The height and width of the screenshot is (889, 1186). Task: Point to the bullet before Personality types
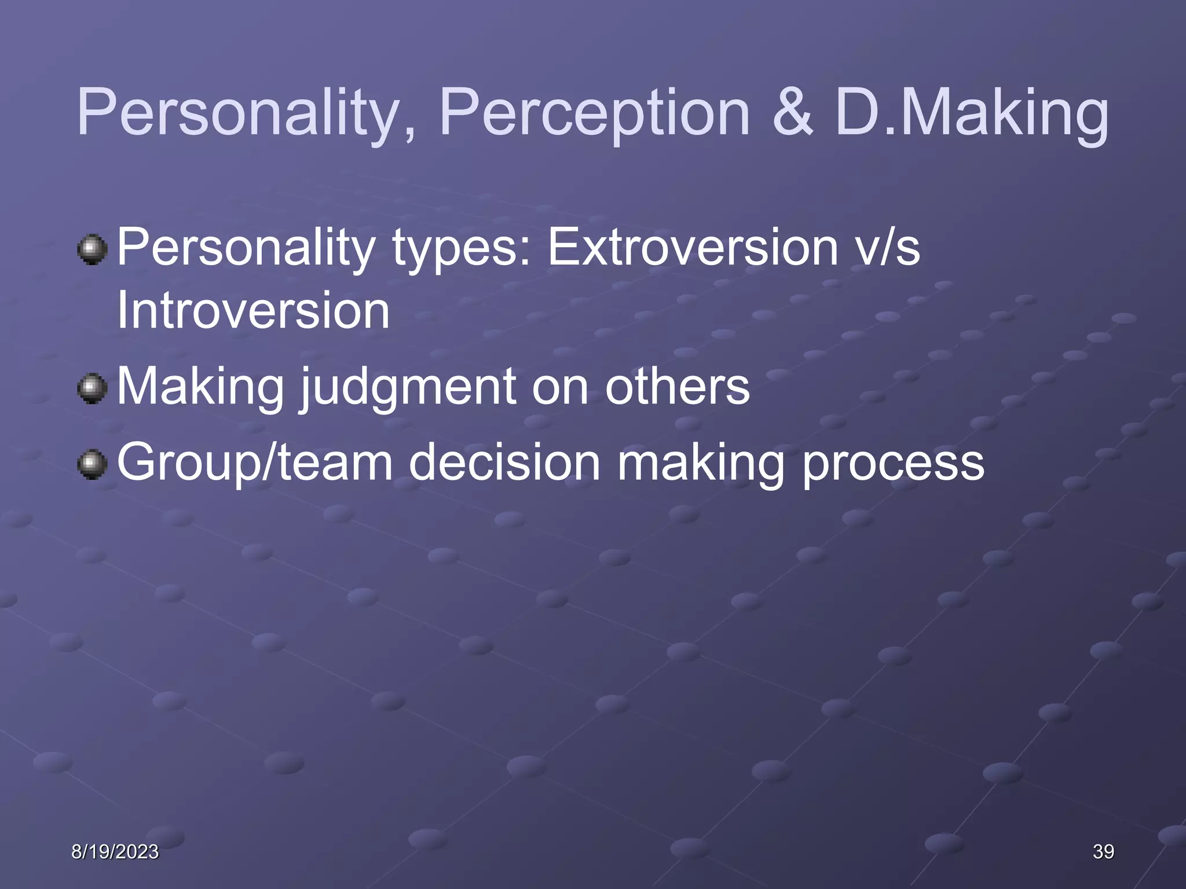point(92,249)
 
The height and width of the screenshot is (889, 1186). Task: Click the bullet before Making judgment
point(92,388)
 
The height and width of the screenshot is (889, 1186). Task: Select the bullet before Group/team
point(92,464)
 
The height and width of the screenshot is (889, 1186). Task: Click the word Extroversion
point(693,248)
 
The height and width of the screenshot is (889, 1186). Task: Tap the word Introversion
point(253,311)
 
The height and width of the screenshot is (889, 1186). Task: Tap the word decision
point(504,462)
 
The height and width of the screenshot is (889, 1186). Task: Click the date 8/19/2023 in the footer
point(115,851)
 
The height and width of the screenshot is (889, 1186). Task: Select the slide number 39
point(1103,851)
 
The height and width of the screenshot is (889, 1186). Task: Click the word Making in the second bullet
point(200,388)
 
